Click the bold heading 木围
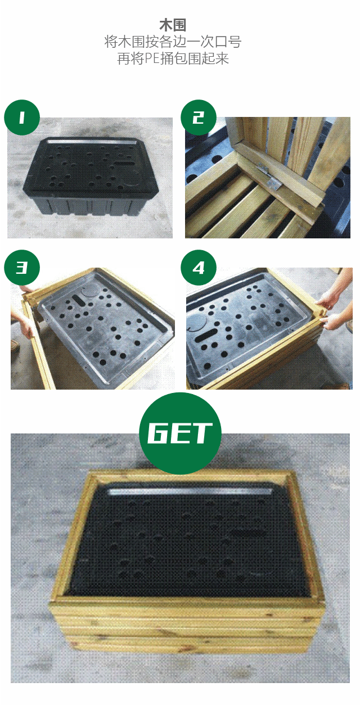(x=173, y=25)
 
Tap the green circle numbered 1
(x=22, y=118)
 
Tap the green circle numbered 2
(x=199, y=118)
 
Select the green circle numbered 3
(x=22, y=268)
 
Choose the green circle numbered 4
(x=199, y=268)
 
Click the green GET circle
(x=180, y=433)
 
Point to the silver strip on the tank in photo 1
(x=90, y=141)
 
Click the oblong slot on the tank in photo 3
(x=78, y=299)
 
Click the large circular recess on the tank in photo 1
(x=130, y=180)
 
